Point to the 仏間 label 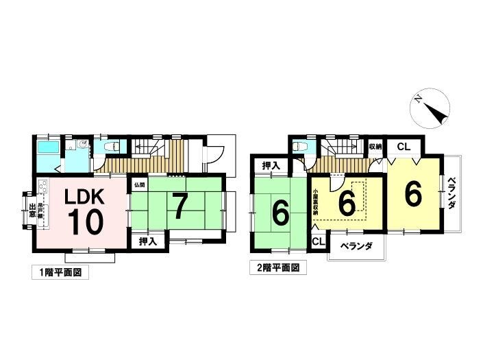click(138, 184)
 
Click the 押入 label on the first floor click(147, 241)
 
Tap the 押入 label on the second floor click(270, 166)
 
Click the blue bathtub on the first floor click(47, 149)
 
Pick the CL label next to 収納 click(403, 147)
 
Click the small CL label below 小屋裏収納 click(318, 242)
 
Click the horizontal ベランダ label click(355, 246)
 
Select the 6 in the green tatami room click(280, 213)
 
